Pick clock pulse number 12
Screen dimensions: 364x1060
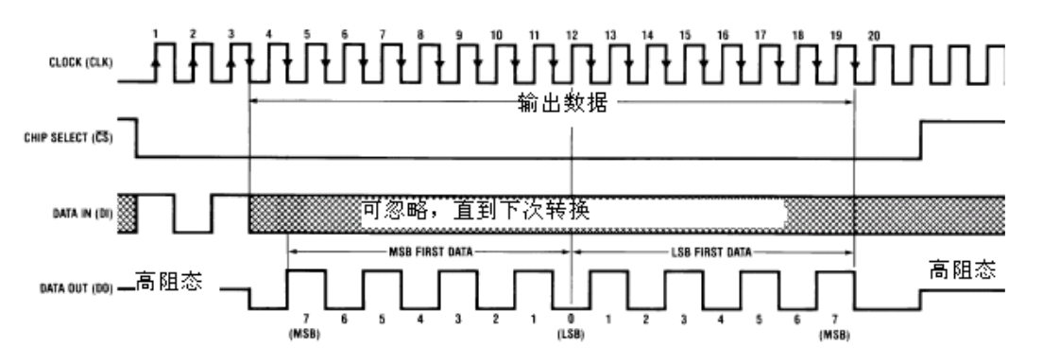pyautogui.click(x=572, y=33)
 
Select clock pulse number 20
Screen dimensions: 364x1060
pyautogui.click(x=875, y=33)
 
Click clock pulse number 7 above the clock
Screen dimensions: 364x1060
pyautogui.click(x=383, y=33)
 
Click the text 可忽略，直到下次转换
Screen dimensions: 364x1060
pyautogui.click(x=475, y=209)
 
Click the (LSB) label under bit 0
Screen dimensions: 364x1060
pyautogui.click(x=572, y=334)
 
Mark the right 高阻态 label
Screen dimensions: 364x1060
pyautogui.click(x=965, y=269)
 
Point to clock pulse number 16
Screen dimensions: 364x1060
pyautogui.click(x=723, y=33)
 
